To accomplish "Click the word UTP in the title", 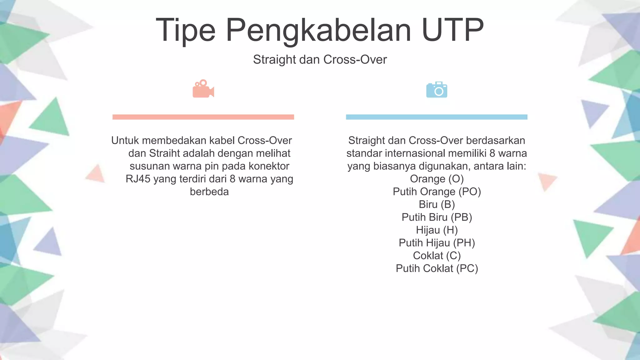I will (452, 30).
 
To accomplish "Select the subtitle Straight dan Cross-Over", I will (320, 59).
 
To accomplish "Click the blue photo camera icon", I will (437, 90).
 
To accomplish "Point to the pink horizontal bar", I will (203, 117).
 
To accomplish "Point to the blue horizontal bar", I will (437, 117).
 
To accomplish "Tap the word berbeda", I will (209, 192).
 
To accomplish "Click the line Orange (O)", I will (437, 179).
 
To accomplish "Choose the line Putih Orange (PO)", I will (437, 192).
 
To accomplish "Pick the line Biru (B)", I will (437, 204).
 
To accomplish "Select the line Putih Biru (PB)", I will (437, 217).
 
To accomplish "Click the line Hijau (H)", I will (437, 230).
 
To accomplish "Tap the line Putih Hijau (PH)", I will (437, 243).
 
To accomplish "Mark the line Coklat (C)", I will (437, 256).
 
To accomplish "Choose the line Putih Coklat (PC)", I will (437, 268).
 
